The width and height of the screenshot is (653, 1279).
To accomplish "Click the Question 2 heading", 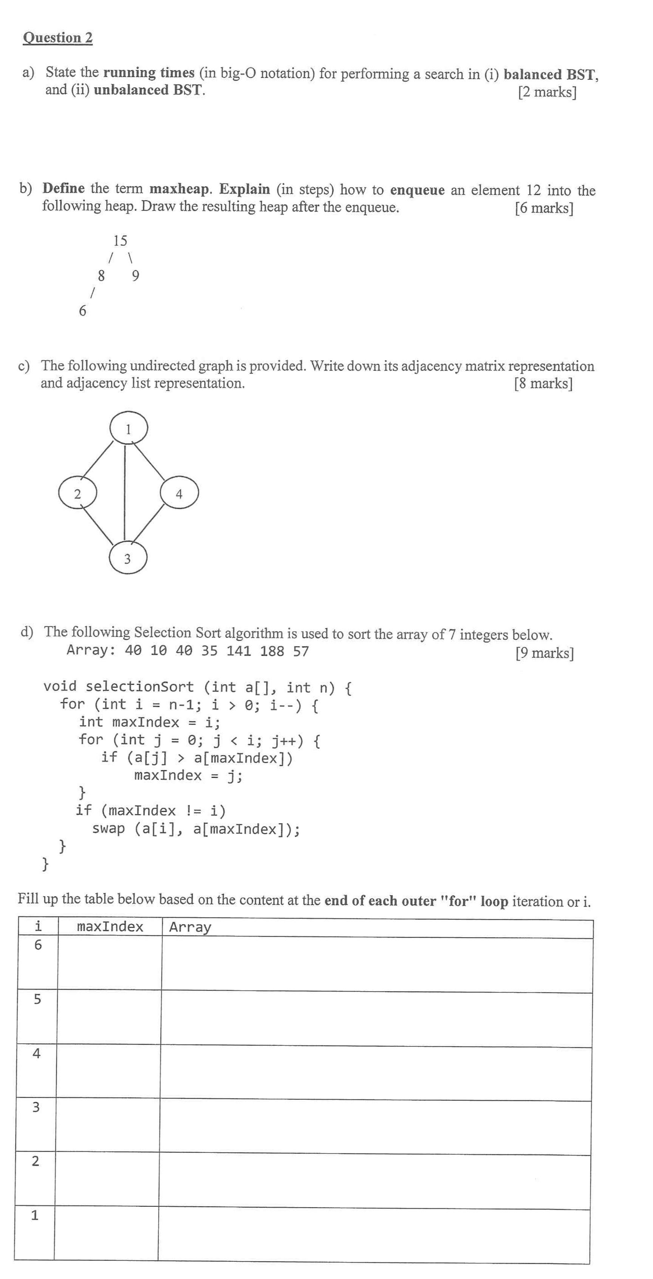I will pyautogui.click(x=57, y=38).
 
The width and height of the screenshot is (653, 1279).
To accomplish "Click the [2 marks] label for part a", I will pyautogui.click(x=547, y=92).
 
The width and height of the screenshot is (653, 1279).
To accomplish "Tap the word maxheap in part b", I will pyautogui.click(x=180, y=189).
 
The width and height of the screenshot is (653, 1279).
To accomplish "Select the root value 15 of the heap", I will pyautogui.click(x=120, y=241).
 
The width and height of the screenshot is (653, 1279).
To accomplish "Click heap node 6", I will pyautogui.click(x=82, y=311).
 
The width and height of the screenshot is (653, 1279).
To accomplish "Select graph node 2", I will pyautogui.click(x=77, y=494).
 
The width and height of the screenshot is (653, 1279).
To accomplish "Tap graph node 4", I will pyautogui.click(x=179, y=494).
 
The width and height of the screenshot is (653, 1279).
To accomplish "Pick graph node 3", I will pyautogui.click(x=128, y=559).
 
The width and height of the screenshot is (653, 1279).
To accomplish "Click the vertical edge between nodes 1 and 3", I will pyautogui.click(x=125, y=492).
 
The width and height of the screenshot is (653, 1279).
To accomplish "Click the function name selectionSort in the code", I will pyautogui.click(x=139, y=687).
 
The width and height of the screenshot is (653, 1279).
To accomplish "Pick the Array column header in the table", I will pyautogui.click(x=190, y=927).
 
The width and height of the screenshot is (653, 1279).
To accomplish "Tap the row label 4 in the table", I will pyautogui.click(x=36, y=1053).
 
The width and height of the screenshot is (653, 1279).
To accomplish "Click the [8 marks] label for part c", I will pyautogui.click(x=543, y=383).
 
